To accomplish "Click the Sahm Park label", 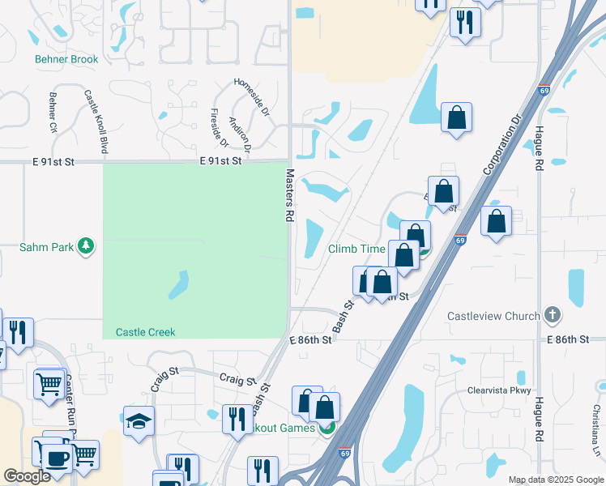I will [x=45, y=246].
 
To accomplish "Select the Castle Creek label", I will [x=145, y=332].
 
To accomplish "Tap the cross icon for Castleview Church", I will [x=552, y=314].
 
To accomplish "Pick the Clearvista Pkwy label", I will [x=497, y=390].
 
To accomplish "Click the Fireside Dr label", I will [x=219, y=129].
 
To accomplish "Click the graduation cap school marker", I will [x=139, y=421].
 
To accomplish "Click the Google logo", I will [x=27, y=476].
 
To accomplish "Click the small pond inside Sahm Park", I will [x=178, y=284].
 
